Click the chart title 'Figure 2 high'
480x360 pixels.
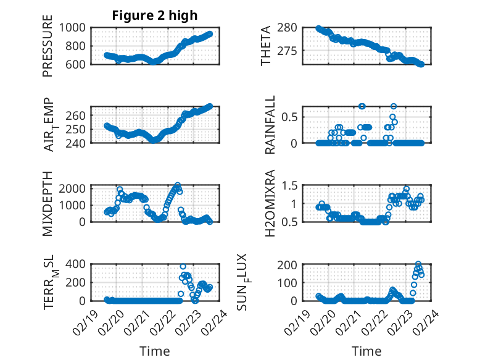point(154,15)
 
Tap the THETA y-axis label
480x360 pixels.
point(266,46)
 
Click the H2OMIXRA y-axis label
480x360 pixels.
point(270,203)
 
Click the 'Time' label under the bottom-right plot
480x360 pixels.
point(366,351)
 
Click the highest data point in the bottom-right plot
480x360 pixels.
point(418,264)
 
